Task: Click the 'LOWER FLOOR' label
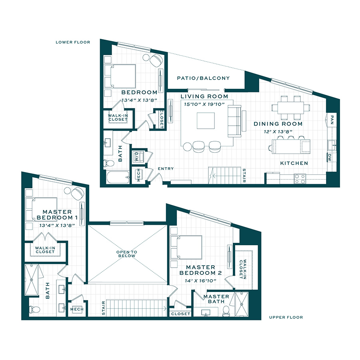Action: tap(73, 42)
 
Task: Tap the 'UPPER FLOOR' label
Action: tap(286, 317)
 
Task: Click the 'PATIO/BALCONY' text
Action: tap(203, 78)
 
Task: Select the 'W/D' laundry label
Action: tap(137, 156)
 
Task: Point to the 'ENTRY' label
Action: tap(166, 168)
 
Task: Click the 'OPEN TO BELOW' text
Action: tap(127, 254)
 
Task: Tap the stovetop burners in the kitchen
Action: tap(300, 179)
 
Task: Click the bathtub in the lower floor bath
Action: tap(118, 177)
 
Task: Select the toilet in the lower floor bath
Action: tap(108, 163)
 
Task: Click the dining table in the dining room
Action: tap(291, 108)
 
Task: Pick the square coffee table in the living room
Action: tap(206, 120)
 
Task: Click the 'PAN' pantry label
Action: tap(332, 120)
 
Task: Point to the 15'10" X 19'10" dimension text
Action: tap(204, 104)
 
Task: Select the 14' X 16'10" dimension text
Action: tap(200, 280)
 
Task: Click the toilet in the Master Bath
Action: tap(226, 311)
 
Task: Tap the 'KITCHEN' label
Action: tap(294, 163)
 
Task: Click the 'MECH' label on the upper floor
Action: tap(77, 309)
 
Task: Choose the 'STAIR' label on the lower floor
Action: tap(244, 176)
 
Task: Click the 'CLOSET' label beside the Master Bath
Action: tap(181, 314)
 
